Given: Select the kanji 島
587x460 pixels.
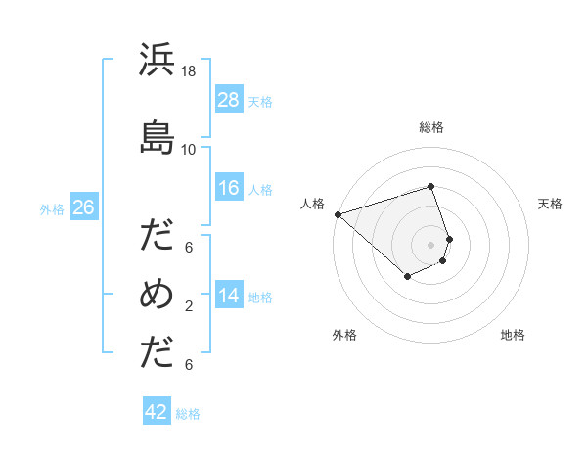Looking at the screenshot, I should pyautogui.click(x=158, y=137).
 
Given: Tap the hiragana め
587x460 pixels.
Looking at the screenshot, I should pyautogui.click(x=158, y=294).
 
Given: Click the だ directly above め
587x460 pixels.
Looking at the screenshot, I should pyautogui.click(x=158, y=236).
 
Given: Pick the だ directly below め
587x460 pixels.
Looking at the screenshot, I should pyautogui.click(x=158, y=353).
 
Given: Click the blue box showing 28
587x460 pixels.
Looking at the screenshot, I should pyautogui.click(x=229, y=99).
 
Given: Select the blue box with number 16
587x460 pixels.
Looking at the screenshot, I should pyautogui.click(x=229, y=188).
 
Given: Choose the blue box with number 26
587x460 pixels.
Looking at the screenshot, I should pyautogui.click(x=83, y=207).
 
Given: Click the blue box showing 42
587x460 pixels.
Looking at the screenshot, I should pyautogui.click(x=157, y=412).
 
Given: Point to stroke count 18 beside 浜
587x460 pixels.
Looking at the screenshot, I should pyautogui.click(x=189, y=71).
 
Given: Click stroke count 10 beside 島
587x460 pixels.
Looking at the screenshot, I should pyautogui.click(x=189, y=149).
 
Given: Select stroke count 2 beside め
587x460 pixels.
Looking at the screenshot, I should pyautogui.click(x=189, y=306).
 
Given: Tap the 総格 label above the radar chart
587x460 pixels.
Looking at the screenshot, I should pyautogui.click(x=431, y=127).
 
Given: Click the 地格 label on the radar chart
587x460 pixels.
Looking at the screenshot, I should pyautogui.click(x=513, y=335).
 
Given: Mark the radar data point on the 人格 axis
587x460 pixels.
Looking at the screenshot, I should pyautogui.click(x=338, y=213).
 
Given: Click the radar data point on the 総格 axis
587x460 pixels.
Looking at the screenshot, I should pyautogui.click(x=431, y=186).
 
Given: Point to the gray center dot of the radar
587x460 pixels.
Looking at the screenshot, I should pyautogui.click(x=431, y=244).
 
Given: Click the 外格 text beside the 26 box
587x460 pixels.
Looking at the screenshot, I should pyautogui.click(x=52, y=208).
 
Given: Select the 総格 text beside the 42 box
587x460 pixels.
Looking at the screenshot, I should pyautogui.click(x=188, y=414).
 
